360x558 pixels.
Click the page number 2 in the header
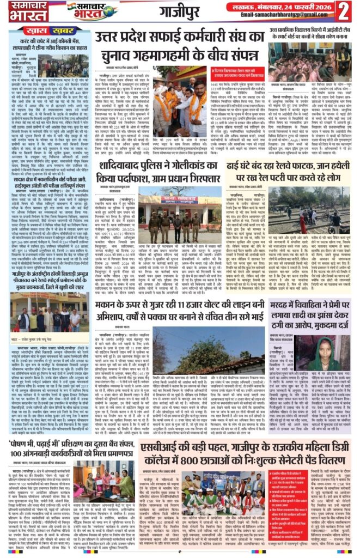tap(345, 10)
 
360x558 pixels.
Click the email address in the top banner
tap(290, 15)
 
